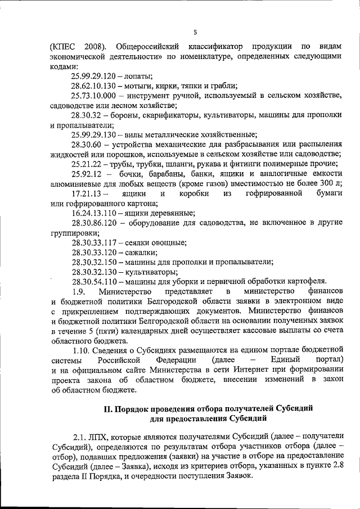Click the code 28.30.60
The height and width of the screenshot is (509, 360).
86,145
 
